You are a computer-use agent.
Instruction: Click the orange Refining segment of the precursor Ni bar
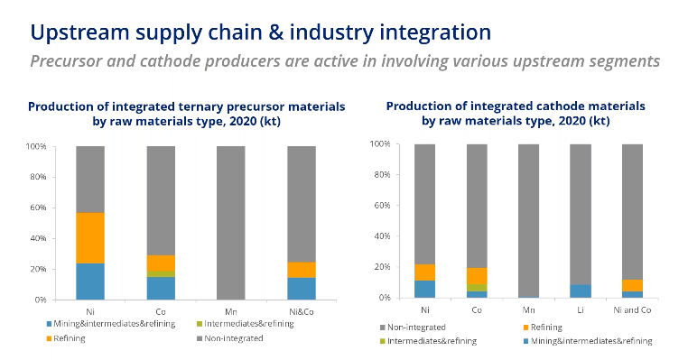click(90, 237)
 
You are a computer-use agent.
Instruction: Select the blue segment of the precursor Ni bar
click(90, 281)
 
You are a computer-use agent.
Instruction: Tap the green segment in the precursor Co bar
click(161, 273)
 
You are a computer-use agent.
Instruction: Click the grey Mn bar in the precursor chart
click(231, 222)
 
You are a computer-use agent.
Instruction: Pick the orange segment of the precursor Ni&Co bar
click(302, 269)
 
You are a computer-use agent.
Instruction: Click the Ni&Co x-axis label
click(302, 311)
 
